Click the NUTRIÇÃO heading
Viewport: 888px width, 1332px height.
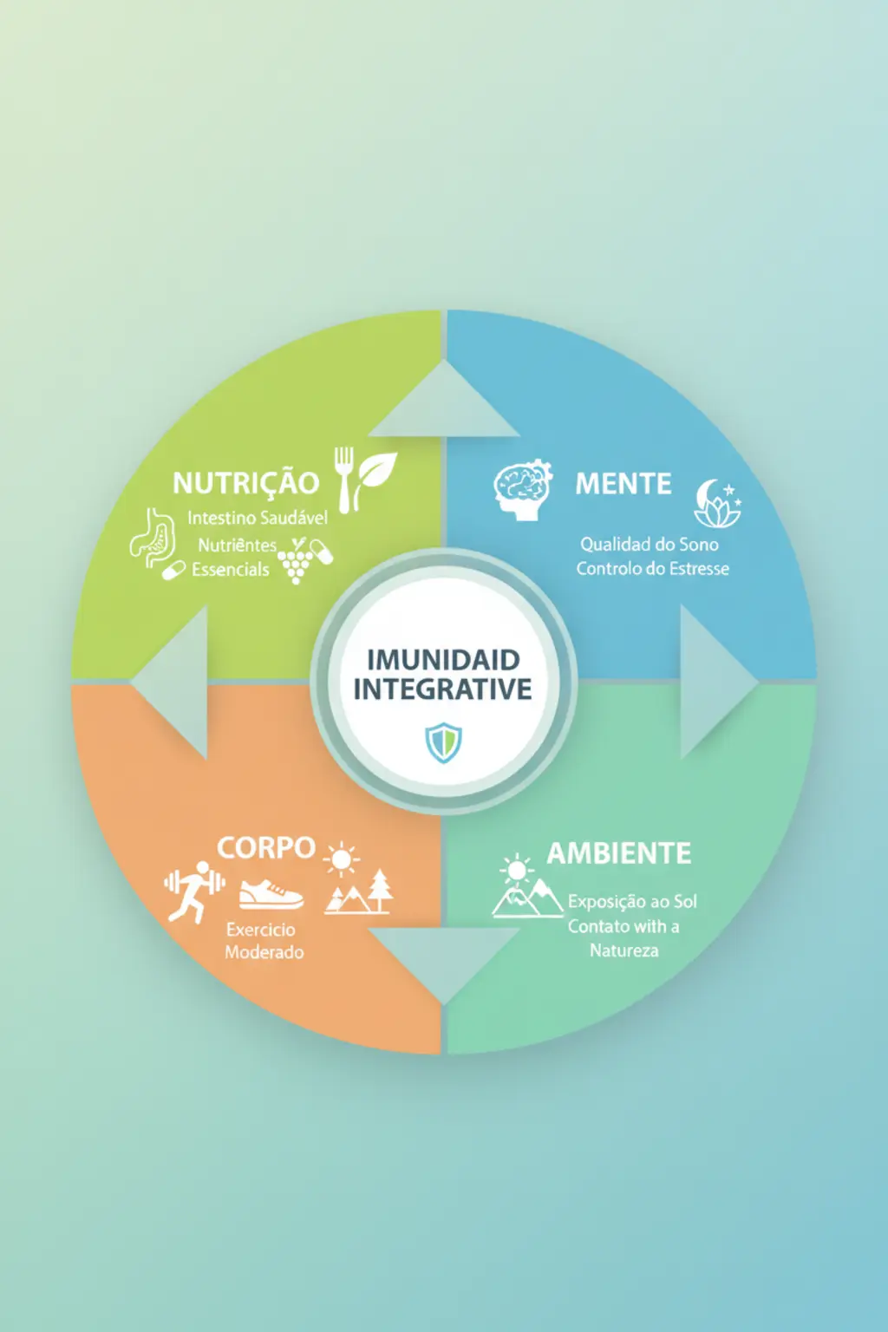[x=246, y=482]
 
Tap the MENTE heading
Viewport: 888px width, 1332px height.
[x=624, y=483]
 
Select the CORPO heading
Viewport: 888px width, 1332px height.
[x=266, y=848]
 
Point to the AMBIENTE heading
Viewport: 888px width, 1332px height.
[x=618, y=854]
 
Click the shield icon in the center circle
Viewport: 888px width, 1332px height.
[x=444, y=742]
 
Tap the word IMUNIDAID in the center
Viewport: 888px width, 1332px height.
[x=443, y=660]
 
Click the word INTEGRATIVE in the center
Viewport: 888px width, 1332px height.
[x=443, y=689]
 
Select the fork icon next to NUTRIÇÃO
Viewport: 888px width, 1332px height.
[x=344, y=480]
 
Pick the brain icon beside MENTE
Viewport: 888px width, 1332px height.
[x=523, y=489]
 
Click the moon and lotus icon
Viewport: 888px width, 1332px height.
[x=718, y=503]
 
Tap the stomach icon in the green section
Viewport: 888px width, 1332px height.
[x=153, y=537]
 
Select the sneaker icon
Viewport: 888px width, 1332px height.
[x=271, y=895]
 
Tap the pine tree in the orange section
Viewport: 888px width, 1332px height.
[x=380, y=891]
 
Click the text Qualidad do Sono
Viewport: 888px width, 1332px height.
[x=650, y=544]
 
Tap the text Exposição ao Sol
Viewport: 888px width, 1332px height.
[x=632, y=902]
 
